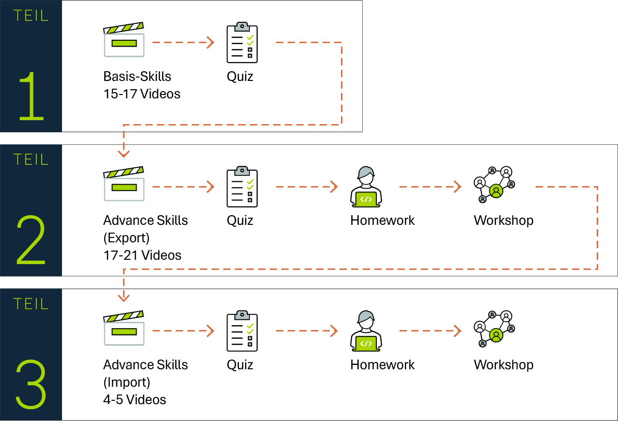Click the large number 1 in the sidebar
[x=31, y=95]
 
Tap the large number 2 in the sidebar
[x=31, y=240]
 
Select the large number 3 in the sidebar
[x=31, y=384]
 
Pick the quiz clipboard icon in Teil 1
[x=242, y=43]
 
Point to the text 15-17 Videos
[x=141, y=94]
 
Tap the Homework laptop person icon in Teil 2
[x=366, y=187]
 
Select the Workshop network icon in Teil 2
[x=494, y=185]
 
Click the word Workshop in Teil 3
[x=503, y=365]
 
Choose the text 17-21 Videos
[x=142, y=255]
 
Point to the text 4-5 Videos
[x=134, y=400]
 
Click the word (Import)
[x=126, y=382]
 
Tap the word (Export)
[x=126, y=238]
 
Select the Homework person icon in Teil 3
[x=366, y=331]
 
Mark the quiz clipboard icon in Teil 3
[x=242, y=332]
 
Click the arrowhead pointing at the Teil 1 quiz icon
[x=211, y=43]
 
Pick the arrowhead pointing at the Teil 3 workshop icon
[x=457, y=331]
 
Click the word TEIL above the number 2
[x=31, y=159]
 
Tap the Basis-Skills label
[x=137, y=77]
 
